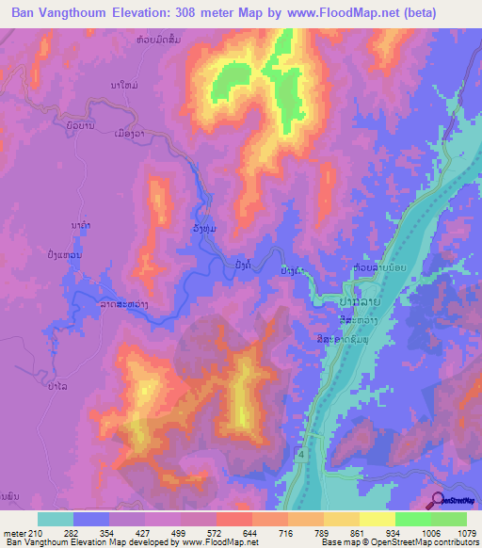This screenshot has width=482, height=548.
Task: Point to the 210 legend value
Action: click(x=36, y=532)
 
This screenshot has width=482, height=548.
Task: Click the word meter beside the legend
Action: click(x=13, y=532)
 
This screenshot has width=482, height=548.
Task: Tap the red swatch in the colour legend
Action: click(x=233, y=519)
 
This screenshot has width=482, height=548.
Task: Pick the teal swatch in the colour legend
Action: click(x=56, y=519)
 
